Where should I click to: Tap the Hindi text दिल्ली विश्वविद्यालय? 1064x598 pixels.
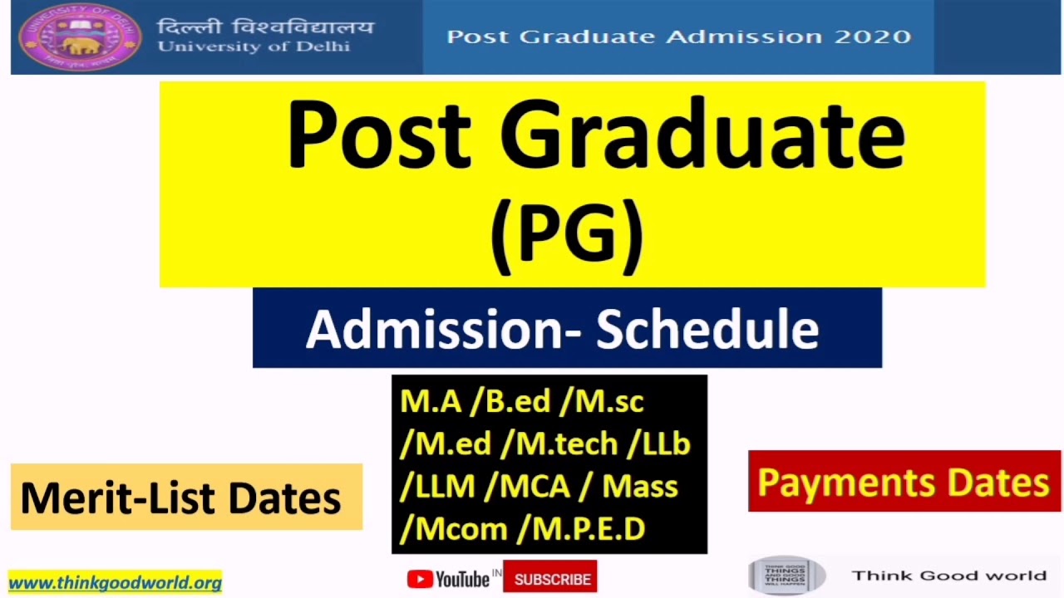click(x=265, y=27)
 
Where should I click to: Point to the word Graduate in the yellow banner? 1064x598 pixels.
click(x=702, y=135)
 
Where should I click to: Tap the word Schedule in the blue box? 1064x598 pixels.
click(x=707, y=329)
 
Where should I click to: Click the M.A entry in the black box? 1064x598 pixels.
click(x=430, y=402)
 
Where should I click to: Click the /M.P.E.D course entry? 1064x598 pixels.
click(x=581, y=529)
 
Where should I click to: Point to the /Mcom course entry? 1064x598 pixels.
click(x=453, y=529)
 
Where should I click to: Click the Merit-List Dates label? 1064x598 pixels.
click(x=181, y=498)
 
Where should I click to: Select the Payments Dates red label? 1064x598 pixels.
click(x=903, y=483)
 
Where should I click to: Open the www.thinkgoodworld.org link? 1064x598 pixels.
click(x=115, y=583)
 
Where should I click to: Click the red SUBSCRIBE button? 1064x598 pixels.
click(x=552, y=580)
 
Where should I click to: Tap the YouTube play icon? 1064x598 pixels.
click(x=419, y=579)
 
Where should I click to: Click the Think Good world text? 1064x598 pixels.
click(x=948, y=576)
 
